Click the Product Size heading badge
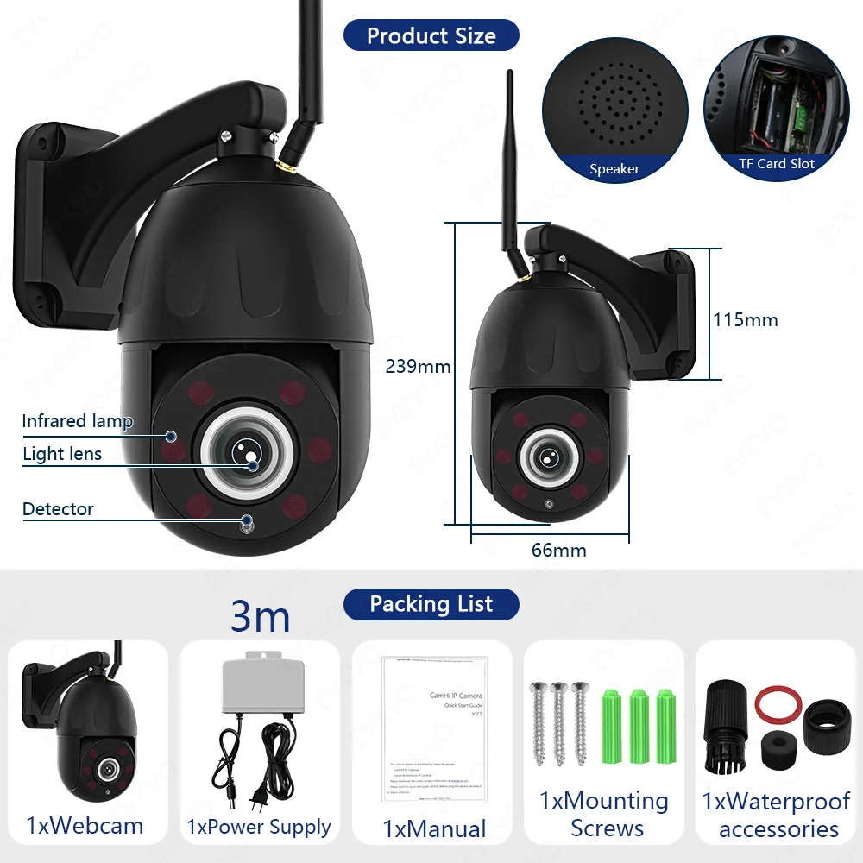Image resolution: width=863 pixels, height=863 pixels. coord(431,35)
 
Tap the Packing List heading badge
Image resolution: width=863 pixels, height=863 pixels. coord(431,604)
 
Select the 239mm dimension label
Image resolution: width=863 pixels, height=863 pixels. coord(418,367)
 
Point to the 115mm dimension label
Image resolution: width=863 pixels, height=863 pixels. coord(745,320)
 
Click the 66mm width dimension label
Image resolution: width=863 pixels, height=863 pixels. coord(557,550)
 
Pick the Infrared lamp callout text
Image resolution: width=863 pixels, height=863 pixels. coord(77,421)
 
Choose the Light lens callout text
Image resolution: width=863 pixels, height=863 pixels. coord(62,454)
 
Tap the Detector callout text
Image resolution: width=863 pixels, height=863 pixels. coord(58,509)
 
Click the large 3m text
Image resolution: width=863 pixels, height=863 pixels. coord(261,617)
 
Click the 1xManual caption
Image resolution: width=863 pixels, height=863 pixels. coord(435,830)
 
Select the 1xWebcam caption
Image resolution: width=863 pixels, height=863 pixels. coord(85,825)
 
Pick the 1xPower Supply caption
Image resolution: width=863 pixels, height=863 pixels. coord(259,827)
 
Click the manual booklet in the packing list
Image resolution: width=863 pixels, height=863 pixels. coord(435,728)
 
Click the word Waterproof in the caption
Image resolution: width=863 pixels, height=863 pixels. coord(789,802)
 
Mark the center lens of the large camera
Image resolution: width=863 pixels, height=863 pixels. coord(243,448)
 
